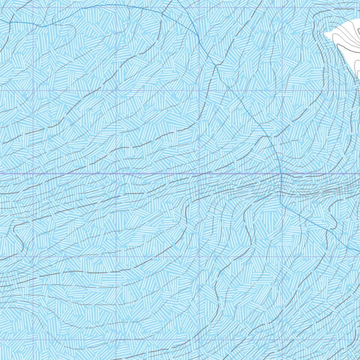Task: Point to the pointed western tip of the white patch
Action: [324, 34]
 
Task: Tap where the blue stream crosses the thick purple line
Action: [281, 174]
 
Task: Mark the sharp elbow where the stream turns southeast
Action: [282, 204]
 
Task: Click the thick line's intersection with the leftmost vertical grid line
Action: [33, 174]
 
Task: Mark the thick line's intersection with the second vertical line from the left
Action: [116, 174]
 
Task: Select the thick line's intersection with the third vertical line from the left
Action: [199, 174]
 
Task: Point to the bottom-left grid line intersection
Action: [33, 340]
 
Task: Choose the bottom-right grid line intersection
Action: [282, 340]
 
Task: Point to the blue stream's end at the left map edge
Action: [1, 20]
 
